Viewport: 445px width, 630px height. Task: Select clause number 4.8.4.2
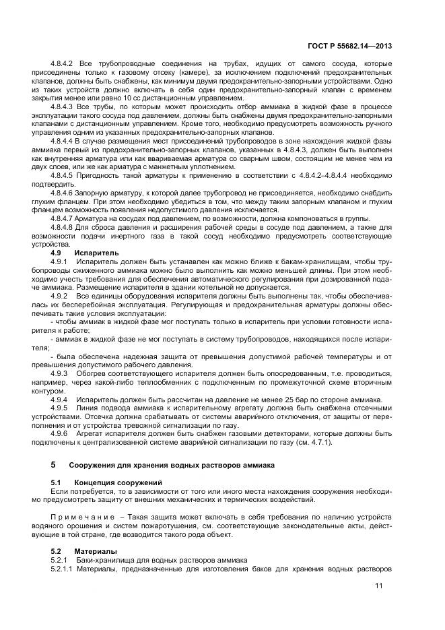tap(65, 64)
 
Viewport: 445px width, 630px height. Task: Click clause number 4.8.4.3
tap(65, 106)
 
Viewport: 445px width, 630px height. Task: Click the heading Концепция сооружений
tap(118, 482)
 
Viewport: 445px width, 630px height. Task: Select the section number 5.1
tap(57, 482)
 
